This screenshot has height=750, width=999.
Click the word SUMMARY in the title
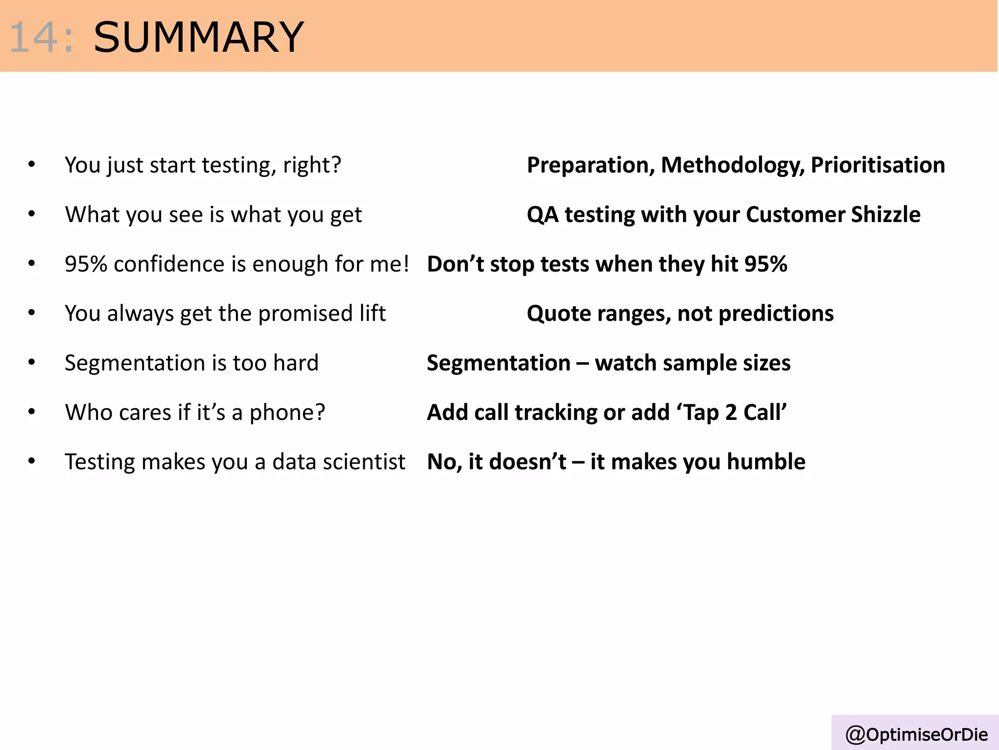pyautogui.click(x=199, y=38)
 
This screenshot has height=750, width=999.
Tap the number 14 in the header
pyautogui.click(x=34, y=38)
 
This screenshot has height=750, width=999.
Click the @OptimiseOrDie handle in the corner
pyautogui.click(x=916, y=734)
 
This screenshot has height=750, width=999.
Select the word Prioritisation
pyautogui.click(x=878, y=165)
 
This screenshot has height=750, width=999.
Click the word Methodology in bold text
pyautogui.click(x=732, y=165)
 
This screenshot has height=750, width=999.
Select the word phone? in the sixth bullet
pyautogui.click(x=287, y=412)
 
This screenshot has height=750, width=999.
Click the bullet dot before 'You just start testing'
pyautogui.click(x=32, y=164)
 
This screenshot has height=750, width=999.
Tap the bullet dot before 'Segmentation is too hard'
pyautogui.click(x=32, y=362)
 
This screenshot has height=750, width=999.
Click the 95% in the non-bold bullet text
pyautogui.click(x=86, y=264)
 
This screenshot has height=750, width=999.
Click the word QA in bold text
pyautogui.click(x=542, y=214)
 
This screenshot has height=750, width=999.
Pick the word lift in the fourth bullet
pyautogui.click(x=373, y=313)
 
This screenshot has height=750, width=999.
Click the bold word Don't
pyautogui.click(x=455, y=264)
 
